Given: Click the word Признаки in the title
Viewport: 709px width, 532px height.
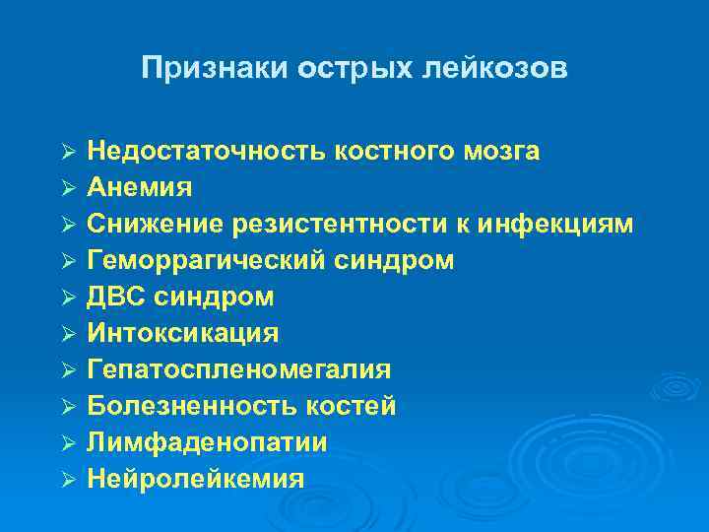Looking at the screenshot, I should [x=204, y=68].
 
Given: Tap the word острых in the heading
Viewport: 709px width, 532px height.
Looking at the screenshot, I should [x=326, y=68].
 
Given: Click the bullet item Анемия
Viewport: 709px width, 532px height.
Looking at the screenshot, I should [x=139, y=187].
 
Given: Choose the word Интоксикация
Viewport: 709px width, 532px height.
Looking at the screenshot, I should [x=182, y=333].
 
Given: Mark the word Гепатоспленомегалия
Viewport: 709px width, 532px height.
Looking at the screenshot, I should [x=238, y=369].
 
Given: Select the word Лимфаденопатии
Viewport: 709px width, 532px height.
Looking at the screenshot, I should [x=207, y=442].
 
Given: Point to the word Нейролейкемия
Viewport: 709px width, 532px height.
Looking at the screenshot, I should [x=195, y=479].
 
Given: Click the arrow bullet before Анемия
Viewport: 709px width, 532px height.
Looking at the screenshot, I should [x=68, y=187].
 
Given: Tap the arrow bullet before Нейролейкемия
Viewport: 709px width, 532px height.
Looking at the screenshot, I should [x=68, y=479].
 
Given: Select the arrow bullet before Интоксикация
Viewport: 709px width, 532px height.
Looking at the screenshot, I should [x=68, y=333].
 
